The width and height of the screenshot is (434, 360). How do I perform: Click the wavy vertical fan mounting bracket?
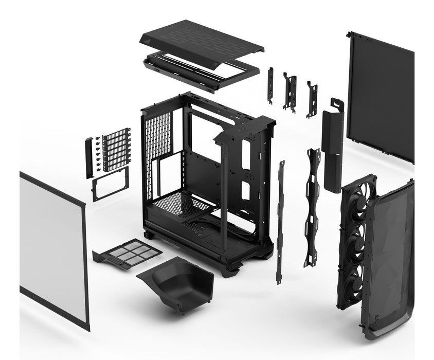click(x=312, y=206)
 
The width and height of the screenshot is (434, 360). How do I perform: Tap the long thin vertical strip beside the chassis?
click(x=280, y=221)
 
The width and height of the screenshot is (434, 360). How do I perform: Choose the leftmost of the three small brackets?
click(x=270, y=85)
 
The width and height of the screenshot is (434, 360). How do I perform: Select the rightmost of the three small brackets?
click(x=311, y=98)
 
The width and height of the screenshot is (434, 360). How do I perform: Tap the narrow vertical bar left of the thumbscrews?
click(x=89, y=157)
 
